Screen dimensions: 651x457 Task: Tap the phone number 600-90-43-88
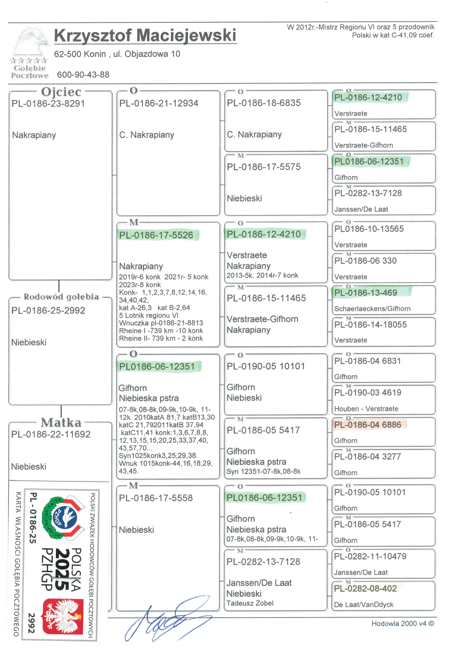(x=83, y=75)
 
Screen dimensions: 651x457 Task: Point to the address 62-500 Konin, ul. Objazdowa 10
(x=117, y=54)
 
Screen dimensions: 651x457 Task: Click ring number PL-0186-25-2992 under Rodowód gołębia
(x=48, y=311)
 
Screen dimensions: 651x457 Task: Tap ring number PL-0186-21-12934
(x=159, y=103)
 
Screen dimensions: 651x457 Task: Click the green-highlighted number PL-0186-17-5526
(x=156, y=235)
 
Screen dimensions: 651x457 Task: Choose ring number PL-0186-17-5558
(x=156, y=498)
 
